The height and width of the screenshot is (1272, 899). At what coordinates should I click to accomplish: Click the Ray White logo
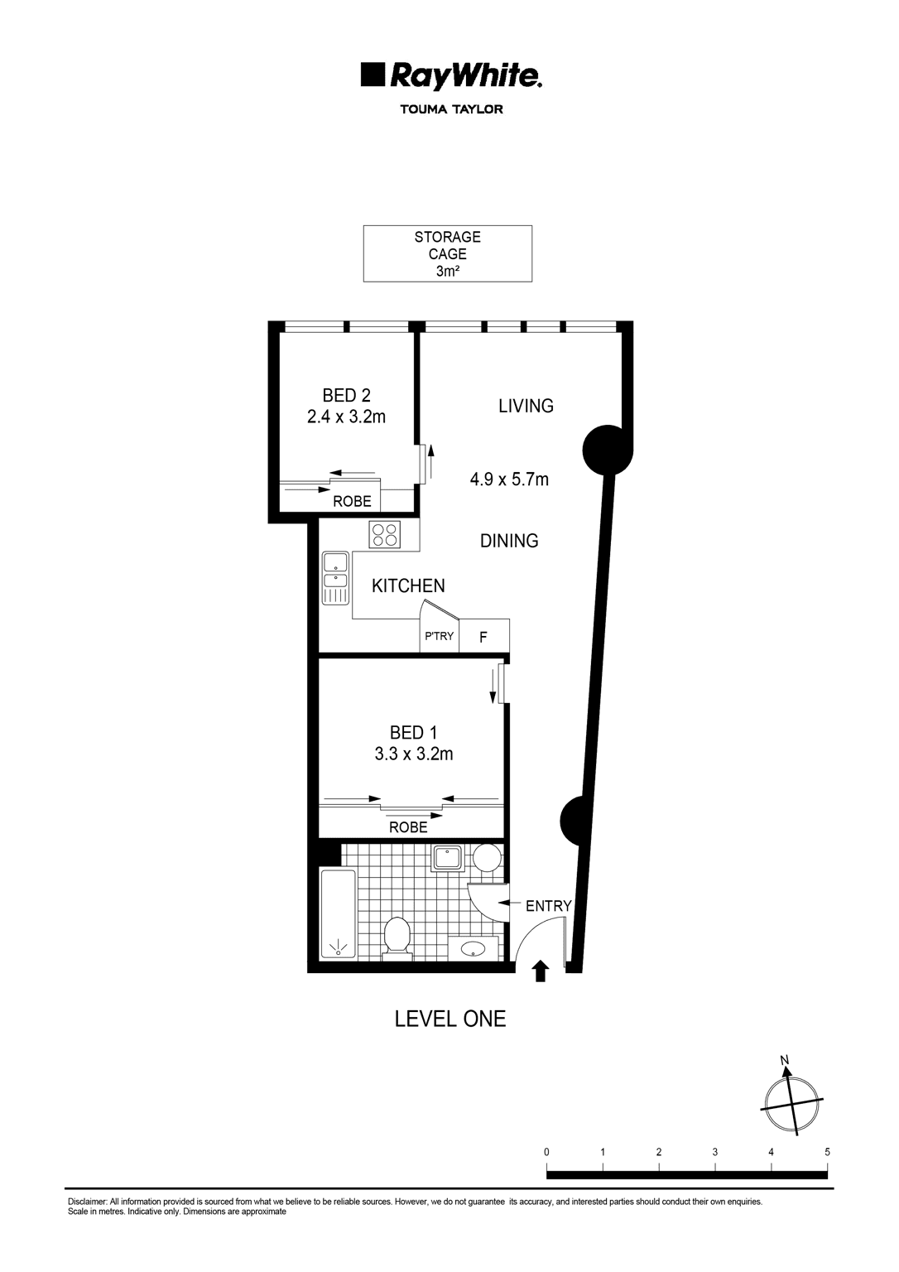451,75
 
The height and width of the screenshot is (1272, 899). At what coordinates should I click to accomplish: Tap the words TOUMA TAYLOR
451,109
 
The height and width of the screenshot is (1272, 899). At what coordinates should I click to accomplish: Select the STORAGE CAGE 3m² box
447,253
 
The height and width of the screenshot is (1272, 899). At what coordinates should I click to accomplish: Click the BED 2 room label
346,396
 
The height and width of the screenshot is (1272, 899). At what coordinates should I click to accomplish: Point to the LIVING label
526,406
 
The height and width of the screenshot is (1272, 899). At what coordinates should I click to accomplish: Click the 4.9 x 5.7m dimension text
509,479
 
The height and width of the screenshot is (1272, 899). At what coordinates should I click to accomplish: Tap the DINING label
509,541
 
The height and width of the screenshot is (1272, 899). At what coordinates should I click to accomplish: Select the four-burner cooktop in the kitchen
385,534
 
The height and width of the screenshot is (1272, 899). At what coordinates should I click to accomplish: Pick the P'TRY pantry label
439,637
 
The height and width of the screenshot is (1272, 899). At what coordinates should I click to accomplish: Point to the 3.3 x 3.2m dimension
413,754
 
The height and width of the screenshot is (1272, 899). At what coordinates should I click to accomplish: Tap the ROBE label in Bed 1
408,827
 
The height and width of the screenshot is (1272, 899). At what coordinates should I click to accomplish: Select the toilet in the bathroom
397,937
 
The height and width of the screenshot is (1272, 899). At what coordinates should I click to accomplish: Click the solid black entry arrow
541,970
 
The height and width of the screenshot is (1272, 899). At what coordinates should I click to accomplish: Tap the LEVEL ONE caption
449,1019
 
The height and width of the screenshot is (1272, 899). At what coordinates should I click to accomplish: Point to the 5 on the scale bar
827,1152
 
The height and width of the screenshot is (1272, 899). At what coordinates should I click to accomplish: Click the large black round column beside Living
607,449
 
